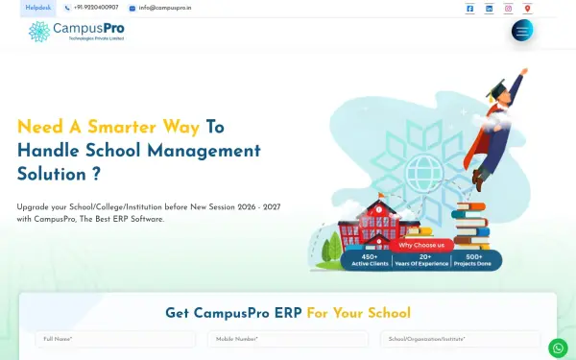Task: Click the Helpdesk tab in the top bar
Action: (x=38, y=8)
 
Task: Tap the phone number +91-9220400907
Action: (x=95, y=8)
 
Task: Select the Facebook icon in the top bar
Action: (x=469, y=9)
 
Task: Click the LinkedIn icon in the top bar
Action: (x=490, y=9)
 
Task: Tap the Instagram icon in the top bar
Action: (x=509, y=9)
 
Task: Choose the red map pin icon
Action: (x=527, y=9)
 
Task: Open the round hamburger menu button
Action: (x=522, y=31)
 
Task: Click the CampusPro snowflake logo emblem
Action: (x=39, y=32)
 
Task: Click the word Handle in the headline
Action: (x=49, y=151)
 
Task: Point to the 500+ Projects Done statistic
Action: (x=474, y=259)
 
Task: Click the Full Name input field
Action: (x=115, y=339)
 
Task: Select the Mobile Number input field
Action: (x=288, y=339)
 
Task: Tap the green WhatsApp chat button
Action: (x=558, y=348)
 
